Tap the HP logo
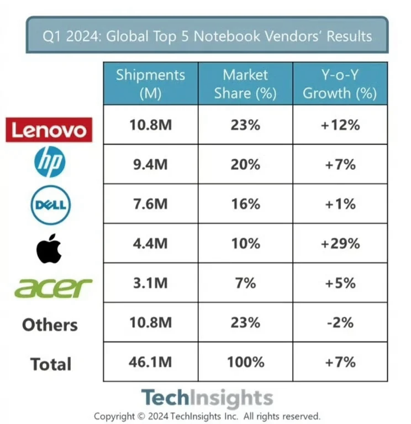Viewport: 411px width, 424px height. pos(50,163)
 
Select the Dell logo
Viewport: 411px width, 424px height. pos(50,204)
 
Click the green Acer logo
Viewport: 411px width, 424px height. pos(53,287)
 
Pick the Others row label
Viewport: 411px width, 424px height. pos(50,324)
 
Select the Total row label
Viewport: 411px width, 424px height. pos(51,364)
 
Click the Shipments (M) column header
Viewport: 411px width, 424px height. pos(150,84)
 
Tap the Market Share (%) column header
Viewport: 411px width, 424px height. pos(245,84)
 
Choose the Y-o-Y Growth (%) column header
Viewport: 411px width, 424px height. pos(340,84)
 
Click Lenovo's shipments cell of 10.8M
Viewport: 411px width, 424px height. pos(150,125)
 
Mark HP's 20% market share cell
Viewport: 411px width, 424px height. pos(245,164)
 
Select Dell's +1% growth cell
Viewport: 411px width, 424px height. pos(340,203)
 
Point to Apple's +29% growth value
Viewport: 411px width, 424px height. pos(340,243)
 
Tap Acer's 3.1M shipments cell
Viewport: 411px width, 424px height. pos(150,282)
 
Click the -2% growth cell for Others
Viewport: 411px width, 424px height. pos(340,322)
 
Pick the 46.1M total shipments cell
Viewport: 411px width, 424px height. pos(150,362)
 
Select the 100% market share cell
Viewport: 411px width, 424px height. pos(245,362)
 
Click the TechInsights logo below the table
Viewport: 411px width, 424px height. pos(207,398)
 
